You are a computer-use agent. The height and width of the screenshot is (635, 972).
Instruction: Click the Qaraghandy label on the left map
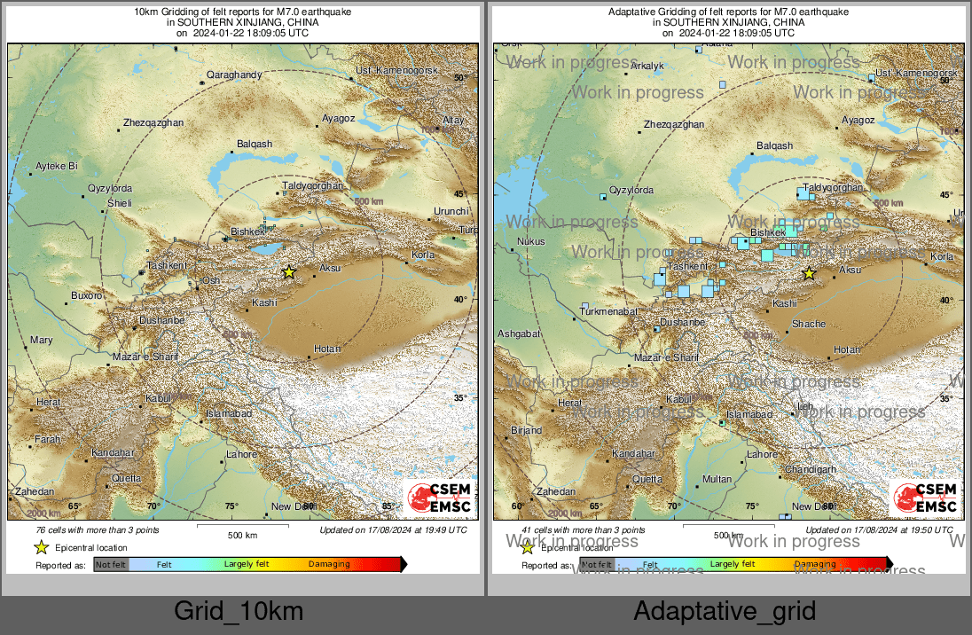(234, 75)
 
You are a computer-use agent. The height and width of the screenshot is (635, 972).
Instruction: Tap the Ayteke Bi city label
(57, 166)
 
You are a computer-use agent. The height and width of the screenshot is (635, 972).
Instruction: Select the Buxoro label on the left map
(87, 295)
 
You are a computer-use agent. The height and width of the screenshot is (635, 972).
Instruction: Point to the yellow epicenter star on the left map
(288, 272)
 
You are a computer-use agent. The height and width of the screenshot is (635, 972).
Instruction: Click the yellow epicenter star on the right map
(809, 273)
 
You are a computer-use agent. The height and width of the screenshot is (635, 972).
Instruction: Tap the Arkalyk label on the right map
(647, 66)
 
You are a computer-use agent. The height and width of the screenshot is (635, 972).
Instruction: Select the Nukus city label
(530, 241)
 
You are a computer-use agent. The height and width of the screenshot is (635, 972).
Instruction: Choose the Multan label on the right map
(717, 479)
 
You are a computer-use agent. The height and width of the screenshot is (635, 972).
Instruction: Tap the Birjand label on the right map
(526, 431)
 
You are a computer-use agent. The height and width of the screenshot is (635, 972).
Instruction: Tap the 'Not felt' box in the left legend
(111, 564)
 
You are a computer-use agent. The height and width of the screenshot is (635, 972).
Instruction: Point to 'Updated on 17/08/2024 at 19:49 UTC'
(393, 530)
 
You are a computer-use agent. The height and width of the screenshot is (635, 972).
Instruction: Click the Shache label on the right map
(808, 325)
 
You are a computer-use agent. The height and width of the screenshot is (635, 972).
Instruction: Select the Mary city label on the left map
(41, 340)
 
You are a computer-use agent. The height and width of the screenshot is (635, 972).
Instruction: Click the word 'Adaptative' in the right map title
(632, 12)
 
